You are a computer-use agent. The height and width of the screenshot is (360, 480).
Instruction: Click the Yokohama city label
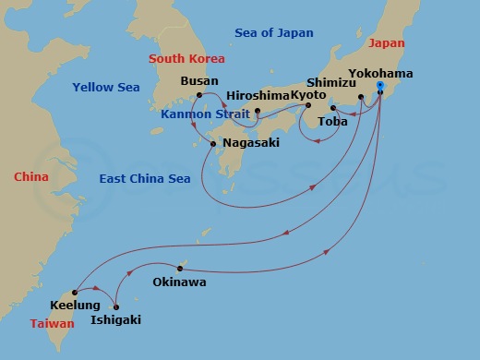381,73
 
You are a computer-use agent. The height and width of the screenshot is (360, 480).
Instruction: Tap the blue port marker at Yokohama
379,86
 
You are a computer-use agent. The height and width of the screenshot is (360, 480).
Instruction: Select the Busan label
200,81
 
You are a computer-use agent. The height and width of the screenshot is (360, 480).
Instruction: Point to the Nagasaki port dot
213,143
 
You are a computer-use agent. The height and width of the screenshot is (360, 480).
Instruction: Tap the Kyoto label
310,95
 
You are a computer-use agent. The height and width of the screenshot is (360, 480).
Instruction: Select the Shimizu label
330,80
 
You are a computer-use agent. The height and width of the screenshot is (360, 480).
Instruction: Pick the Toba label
332,121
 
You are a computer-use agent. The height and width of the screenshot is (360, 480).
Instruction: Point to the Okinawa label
179,282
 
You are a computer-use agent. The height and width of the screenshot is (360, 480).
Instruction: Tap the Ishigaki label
116,320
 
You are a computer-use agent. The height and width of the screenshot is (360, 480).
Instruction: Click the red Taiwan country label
52,324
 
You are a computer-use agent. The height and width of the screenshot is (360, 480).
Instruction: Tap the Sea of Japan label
274,33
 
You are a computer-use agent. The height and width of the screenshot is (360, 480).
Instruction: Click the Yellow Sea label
106,88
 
